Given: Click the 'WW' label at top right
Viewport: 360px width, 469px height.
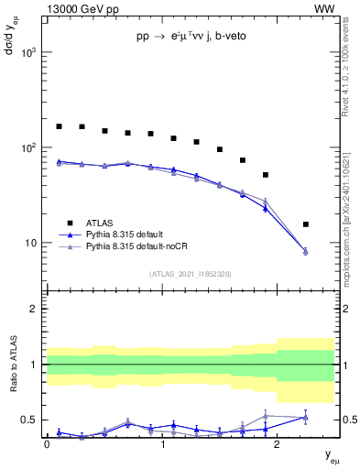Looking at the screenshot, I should tap(324, 9).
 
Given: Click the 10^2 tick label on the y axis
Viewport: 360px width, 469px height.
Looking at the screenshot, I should tap(27, 147).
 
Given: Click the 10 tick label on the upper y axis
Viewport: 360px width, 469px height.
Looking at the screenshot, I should tap(31, 243).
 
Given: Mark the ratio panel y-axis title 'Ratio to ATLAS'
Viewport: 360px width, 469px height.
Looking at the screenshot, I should tap(13, 365).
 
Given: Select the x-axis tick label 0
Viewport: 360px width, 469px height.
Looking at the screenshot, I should tap(47, 444).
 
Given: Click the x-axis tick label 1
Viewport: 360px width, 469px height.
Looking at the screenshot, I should tap(162, 444).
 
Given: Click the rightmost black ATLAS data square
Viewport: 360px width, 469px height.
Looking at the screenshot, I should tap(305, 224).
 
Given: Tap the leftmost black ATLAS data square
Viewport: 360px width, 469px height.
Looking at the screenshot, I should tap(59, 126).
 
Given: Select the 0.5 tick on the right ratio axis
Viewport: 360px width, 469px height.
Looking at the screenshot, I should tap(345, 420).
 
